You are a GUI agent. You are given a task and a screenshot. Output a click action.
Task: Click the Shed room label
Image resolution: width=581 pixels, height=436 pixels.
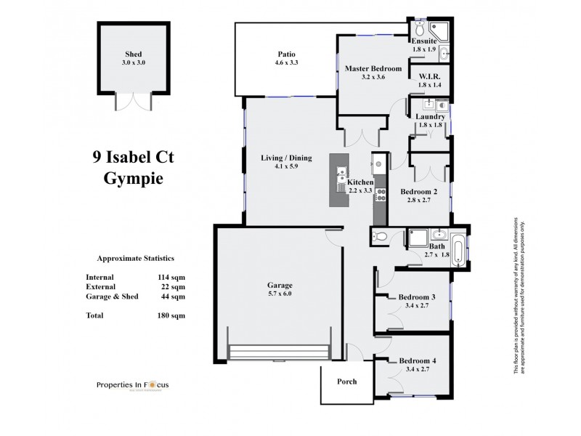tap(133, 54)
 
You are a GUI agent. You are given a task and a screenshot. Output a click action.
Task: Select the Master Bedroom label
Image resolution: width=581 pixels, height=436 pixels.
tap(373, 68)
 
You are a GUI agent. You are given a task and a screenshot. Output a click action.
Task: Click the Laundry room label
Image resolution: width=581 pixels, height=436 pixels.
tap(430, 116)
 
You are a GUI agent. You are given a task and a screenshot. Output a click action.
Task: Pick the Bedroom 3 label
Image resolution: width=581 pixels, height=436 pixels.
tap(417, 296)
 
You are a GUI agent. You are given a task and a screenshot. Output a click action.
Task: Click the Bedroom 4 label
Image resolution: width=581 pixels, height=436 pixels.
tap(417, 361)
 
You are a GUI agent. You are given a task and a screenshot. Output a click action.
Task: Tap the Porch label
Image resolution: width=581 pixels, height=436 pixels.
tap(347, 381)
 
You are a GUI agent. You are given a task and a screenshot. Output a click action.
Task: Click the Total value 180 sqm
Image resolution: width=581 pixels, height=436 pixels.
tap(172, 315)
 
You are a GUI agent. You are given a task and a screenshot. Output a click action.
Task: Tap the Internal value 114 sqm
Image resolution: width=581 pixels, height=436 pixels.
tap(172, 277)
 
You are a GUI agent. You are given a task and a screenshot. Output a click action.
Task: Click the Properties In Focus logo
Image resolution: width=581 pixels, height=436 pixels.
tap(133, 385)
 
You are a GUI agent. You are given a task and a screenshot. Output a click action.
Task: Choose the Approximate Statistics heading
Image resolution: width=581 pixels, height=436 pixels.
tap(135, 258)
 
